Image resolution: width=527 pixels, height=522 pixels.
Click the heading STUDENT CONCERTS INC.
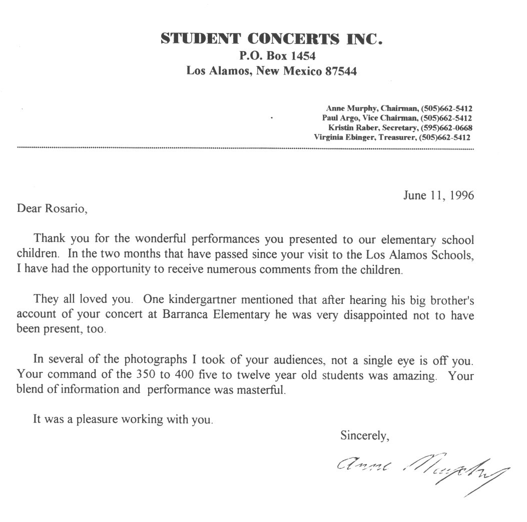(272, 38)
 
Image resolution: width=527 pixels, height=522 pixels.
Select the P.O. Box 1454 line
(272, 55)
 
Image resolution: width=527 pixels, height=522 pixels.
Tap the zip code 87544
(341, 71)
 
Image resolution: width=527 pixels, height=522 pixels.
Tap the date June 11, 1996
(438, 195)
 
